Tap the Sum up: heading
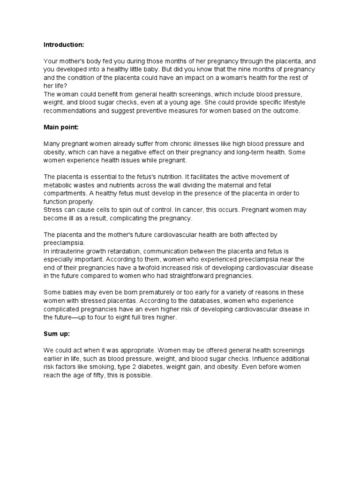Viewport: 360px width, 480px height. click(x=57, y=335)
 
